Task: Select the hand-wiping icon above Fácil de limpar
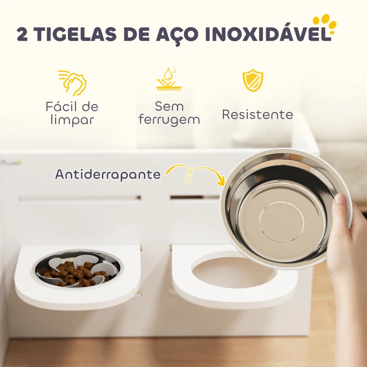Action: point(72,83)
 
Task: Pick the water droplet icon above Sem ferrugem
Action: point(169,79)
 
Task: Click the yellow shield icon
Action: point(253,80)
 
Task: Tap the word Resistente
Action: point(257,114)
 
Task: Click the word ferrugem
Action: point(169,120)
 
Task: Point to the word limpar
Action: point(72,120)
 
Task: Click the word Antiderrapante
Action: point(108,174)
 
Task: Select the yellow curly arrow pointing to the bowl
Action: point(194,174)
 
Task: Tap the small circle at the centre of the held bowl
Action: point(282,222)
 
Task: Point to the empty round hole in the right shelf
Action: point(234,272)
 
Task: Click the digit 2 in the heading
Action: point(22,34)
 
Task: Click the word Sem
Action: point(169,106)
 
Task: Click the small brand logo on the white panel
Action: point(11,162)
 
